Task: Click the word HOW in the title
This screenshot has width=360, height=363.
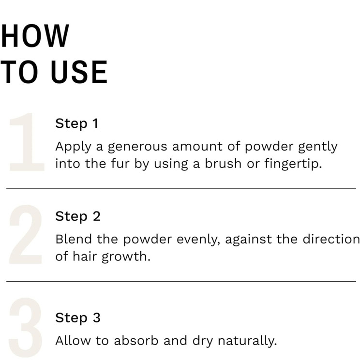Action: [35, 36]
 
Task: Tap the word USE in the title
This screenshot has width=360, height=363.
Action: [79, 72]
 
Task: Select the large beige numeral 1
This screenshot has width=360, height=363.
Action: [27, 142]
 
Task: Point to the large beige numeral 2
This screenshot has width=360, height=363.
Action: [26, 234]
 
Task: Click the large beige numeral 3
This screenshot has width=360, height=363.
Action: [26, 327]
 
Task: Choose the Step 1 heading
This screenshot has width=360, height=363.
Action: [77, 123]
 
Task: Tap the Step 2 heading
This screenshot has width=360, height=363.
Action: [78, 216]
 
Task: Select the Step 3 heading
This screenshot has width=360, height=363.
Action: [78, 318]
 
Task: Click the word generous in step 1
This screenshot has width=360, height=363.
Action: [137, 147]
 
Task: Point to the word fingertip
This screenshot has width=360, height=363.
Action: [293, 164]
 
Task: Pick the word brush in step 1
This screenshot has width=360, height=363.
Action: [223, 163]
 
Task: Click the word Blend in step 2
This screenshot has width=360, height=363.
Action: [74, 239]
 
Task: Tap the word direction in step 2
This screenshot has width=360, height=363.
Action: [331, 239]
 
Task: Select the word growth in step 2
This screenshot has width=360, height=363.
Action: [126, 257]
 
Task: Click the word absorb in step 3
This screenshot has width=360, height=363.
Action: [136, 341]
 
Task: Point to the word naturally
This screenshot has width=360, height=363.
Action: [247, 341]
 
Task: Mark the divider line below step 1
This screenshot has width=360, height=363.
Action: [181, 189]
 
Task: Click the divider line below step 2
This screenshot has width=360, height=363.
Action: [181, 282]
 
